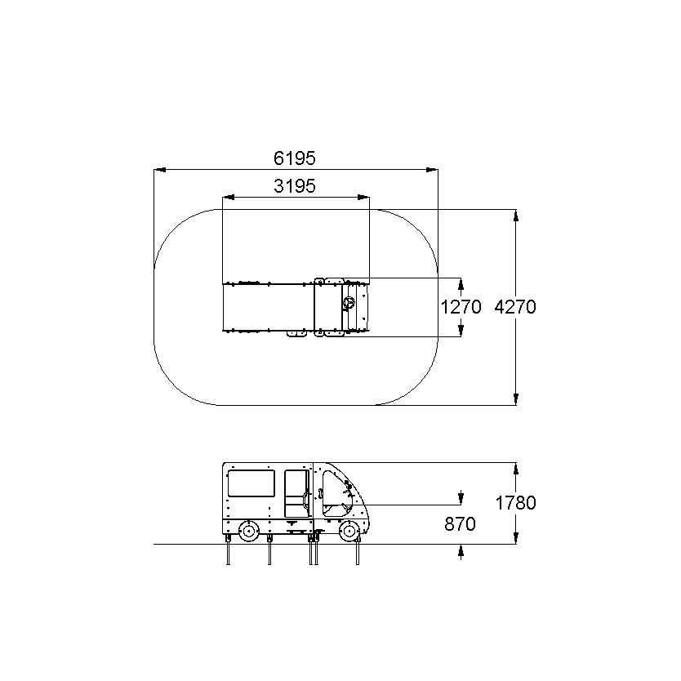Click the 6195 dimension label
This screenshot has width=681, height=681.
click(295, 158)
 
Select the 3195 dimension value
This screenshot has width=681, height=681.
click(295, 186)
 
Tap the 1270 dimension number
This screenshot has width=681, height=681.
click(461, 307)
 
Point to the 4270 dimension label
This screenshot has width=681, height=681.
click(515, 307)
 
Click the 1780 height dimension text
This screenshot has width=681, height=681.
click(515, 503)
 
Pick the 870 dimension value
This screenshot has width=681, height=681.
click(460, 524)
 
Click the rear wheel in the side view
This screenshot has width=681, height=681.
click(249, 531)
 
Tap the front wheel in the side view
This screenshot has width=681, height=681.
click(349, 531)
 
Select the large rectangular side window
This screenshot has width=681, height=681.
click(251, 483)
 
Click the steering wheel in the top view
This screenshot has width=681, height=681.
click(349, 303)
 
